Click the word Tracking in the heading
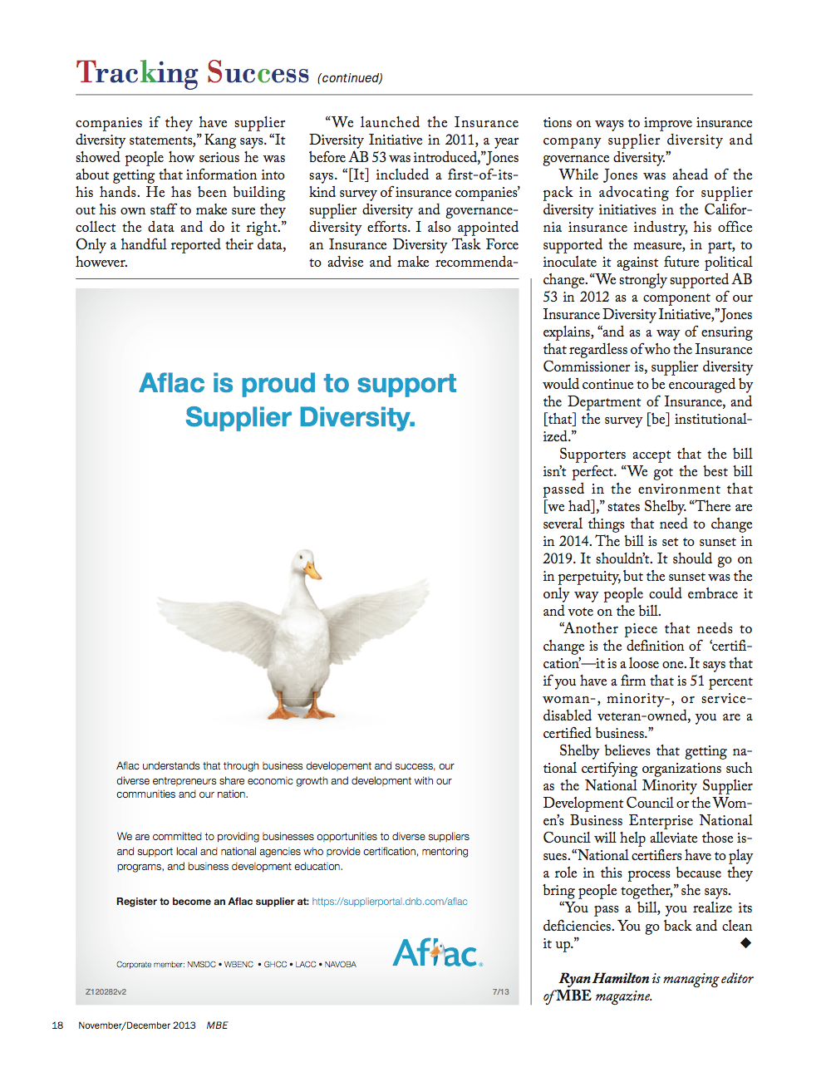(x=137, y=73)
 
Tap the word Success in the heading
(x=258, y=73)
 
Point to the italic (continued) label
(x=350, y=78)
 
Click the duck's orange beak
(x=312, y=571)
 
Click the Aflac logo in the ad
(x=437, y=953)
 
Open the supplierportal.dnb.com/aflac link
(x=390, y=902)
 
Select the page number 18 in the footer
(x=57, y=1025)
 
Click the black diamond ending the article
(x=745, y=942)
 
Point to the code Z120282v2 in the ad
(x=106, y=991)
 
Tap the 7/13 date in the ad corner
(x=500, y=991)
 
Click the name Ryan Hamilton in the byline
(x=604, y=978)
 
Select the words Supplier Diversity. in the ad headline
(x=300, y=417)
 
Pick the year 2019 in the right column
(x=559, y=558)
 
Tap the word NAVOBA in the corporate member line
(x=340, y=965)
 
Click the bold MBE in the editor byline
(x=574, y=996)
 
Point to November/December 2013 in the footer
(x=137, y=1025)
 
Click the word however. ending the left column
(x=101, y=263)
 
